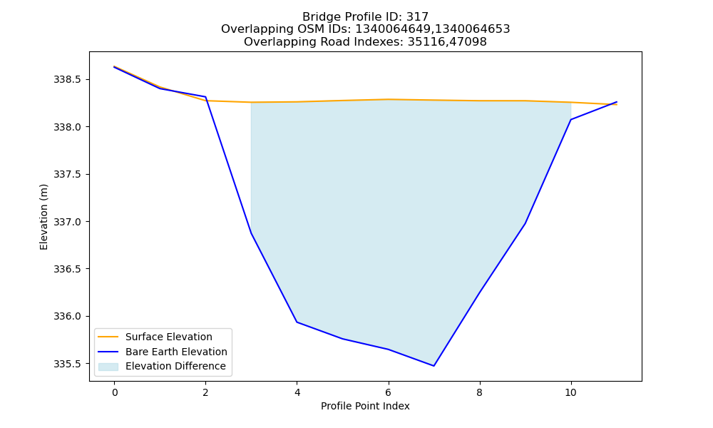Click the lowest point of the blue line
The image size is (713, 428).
click(x=434, y=366)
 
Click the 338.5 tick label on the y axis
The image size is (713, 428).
click(x=67, y=80)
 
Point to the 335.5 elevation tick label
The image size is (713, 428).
click(x=67, y=364)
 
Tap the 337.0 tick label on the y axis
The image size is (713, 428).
click(x=67, y=222)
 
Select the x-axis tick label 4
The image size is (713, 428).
click(x=297, y=392)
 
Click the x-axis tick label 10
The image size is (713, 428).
click(x=570, y=392)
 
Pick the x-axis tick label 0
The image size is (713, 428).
click(x=115, y=392)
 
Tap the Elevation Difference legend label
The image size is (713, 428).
click(x=175, y=366)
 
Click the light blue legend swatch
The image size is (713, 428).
click(x=108, y=367)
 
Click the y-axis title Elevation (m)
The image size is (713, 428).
click(x=43, y=217)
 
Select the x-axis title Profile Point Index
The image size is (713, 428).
click(x=365, y=406)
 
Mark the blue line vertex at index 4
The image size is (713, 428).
click(x=297, y=322)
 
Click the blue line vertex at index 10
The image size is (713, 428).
click(x=570, y=120)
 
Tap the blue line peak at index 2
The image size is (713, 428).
click(x=205, y=97)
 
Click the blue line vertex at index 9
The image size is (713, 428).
click(x=525, y=223)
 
